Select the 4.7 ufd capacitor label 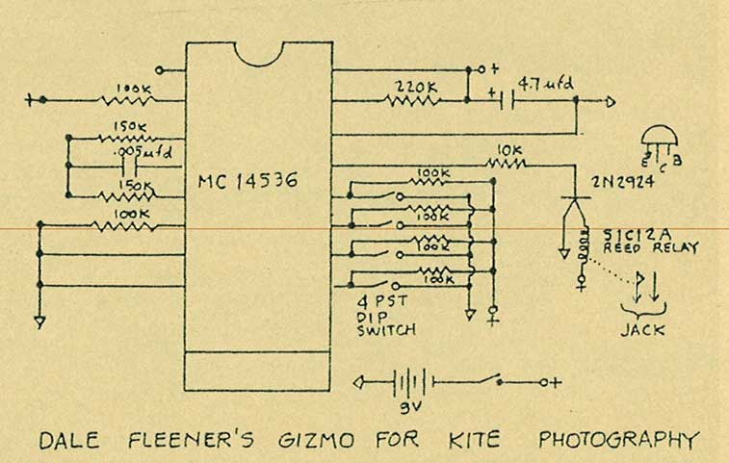[545, 84]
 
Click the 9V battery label [405, 408]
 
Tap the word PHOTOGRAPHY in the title [617, 442]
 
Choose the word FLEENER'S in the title [193, 442]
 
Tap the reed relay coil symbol [581, 248]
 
